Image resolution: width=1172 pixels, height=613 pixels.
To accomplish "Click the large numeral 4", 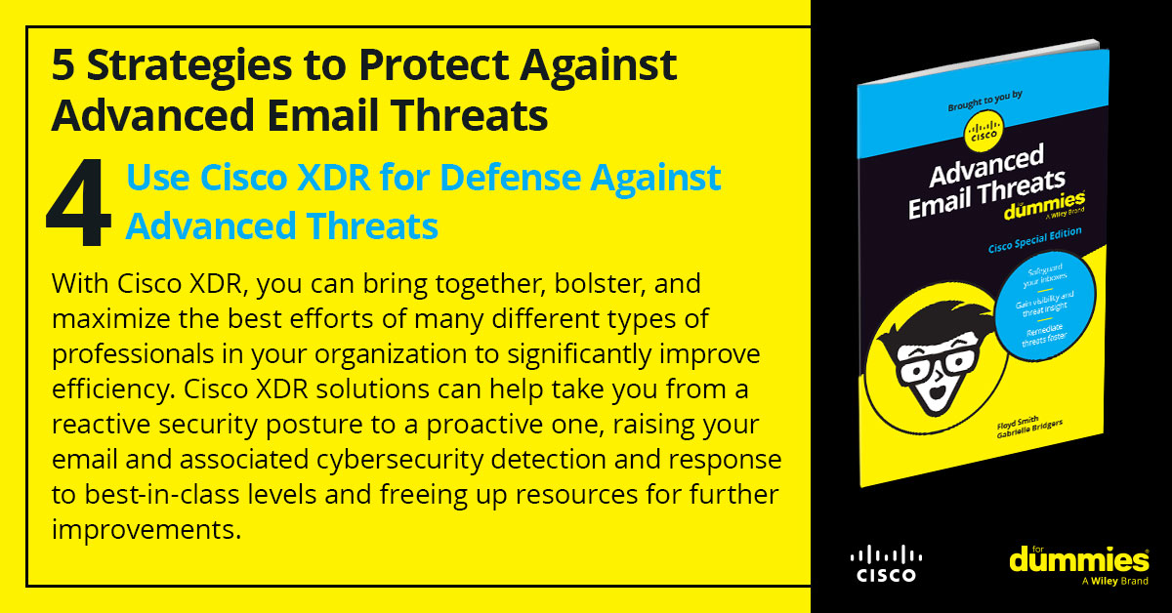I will click(x=79, y=206).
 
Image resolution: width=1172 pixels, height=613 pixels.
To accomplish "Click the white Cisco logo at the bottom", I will click(x=885, y=563).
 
